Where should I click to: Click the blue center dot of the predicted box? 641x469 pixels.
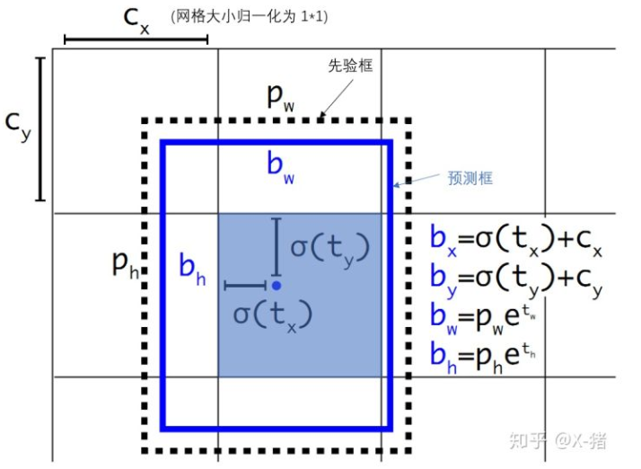pyautogui.click(x=277, y=285)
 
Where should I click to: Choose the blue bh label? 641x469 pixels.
pyautogui.click(x=191, y=270)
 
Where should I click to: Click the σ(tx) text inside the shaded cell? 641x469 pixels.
pyautogui.click(x=272, y=314)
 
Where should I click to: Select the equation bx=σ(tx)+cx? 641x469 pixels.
pyautogui.click(x=515, y=241)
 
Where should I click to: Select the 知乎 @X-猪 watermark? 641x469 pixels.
pyautogui.click(x=557, y=441)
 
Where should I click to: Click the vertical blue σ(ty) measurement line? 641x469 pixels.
pyautogui.click(x=277, y=244)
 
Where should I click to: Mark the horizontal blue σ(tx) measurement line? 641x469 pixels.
pyautogui.click(x=245, y=286)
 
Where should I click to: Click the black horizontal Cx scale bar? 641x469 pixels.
pyautogui.click(x=136, y=40)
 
